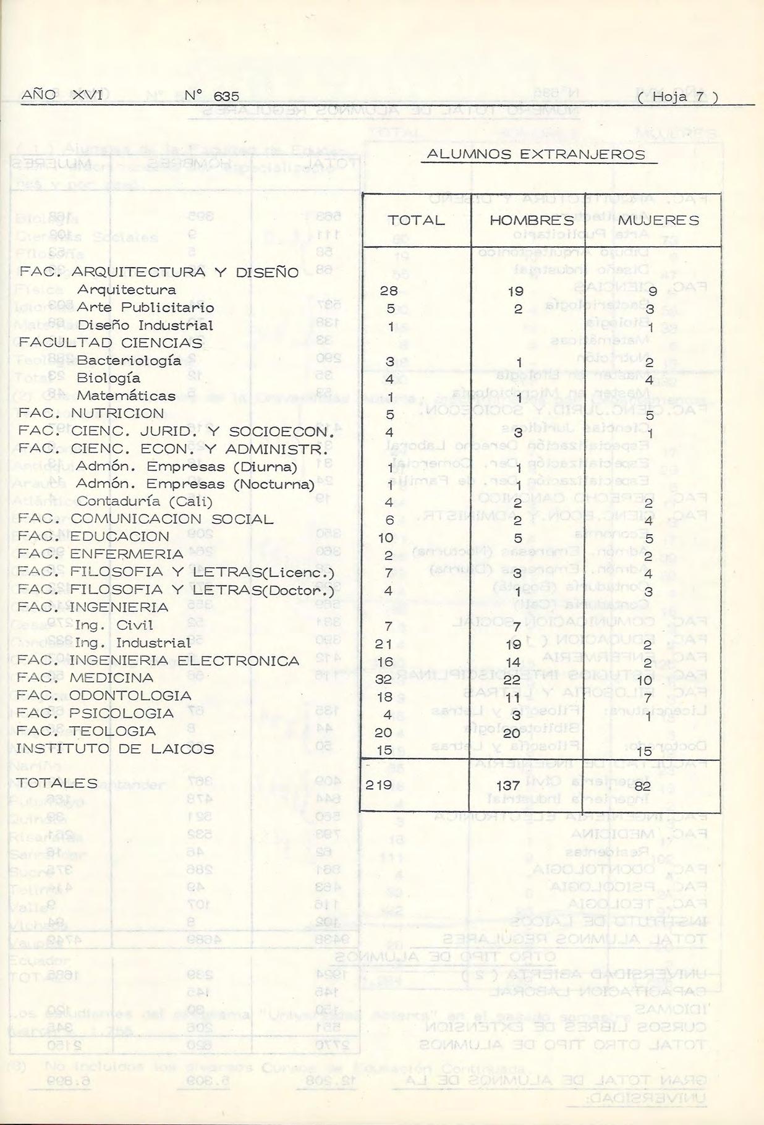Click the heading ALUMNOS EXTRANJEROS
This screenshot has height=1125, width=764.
(x=538, y=155)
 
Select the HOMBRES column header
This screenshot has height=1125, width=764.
(x=532, y=221)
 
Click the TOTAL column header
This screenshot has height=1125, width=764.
(x=416, y=221)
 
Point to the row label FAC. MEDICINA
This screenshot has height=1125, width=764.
(x=85, y=678)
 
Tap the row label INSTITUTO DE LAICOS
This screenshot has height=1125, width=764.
(x=115, y=749)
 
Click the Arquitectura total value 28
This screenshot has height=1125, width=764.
(x=389, y=291)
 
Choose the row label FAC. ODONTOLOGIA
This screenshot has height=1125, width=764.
(x=104, y=696)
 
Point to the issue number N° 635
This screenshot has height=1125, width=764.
(x=211, y=96)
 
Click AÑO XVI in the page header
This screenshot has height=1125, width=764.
(x=61, y=95)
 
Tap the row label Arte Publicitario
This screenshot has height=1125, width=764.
(x=145, y=307)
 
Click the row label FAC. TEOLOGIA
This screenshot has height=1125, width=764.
(x=87, y=731)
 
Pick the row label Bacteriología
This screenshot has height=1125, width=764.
(x=129, y=360)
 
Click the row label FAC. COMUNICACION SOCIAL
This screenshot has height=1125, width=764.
(x=145, y=519)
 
